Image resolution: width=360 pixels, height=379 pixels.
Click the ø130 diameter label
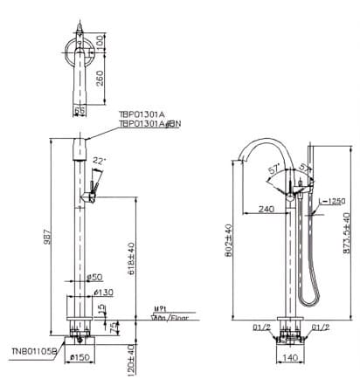point(104,292)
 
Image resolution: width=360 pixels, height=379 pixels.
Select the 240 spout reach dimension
point(266,210)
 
